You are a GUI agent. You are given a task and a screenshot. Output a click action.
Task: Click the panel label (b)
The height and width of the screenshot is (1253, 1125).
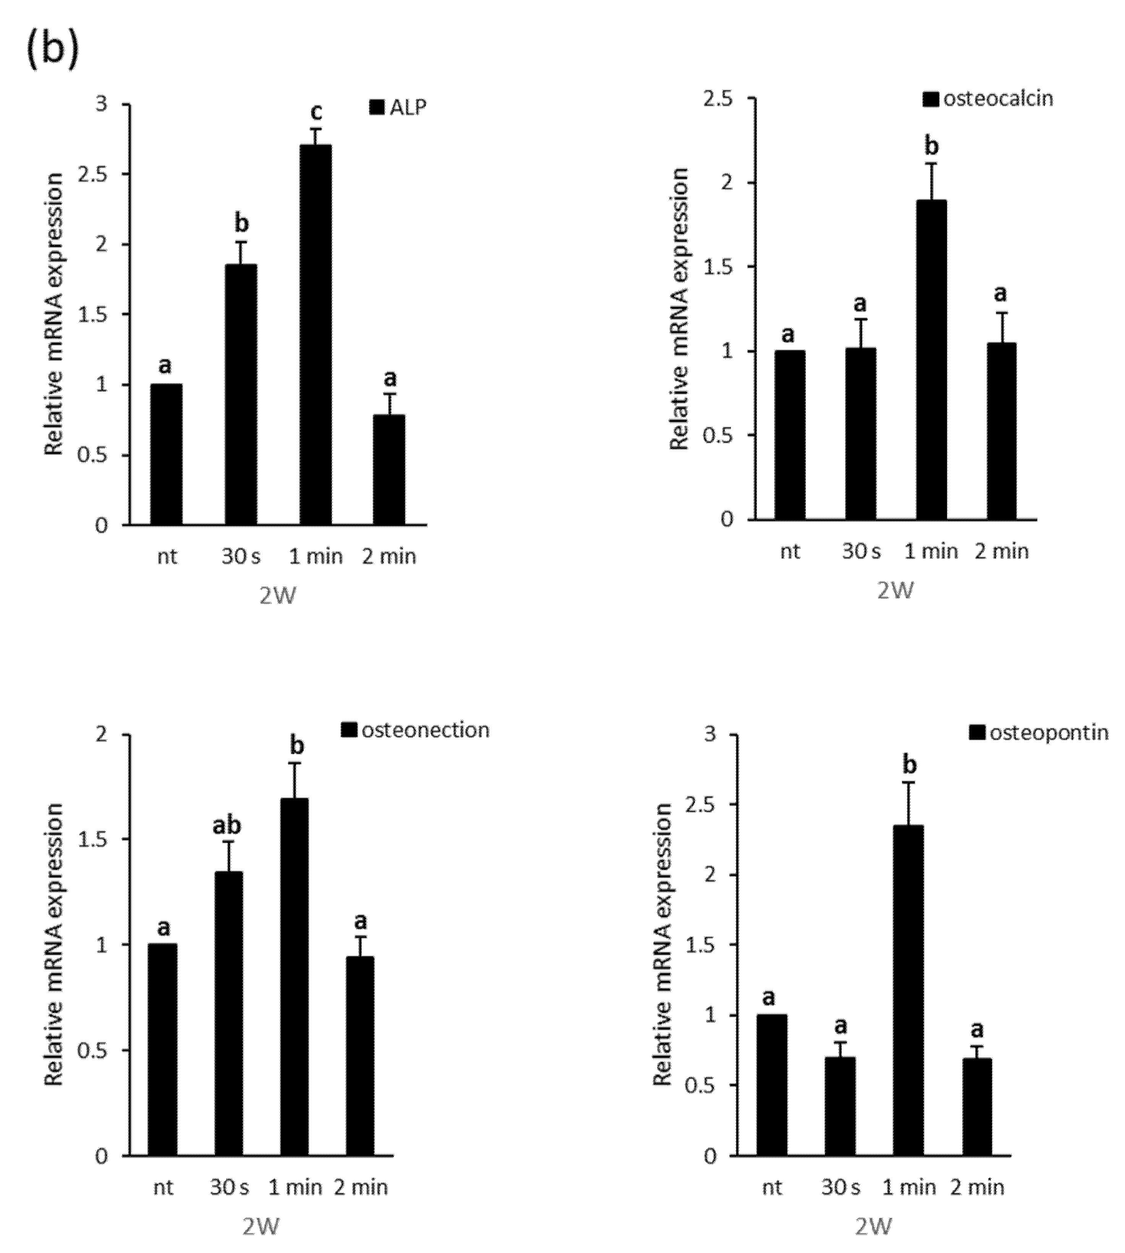tap(52, 48)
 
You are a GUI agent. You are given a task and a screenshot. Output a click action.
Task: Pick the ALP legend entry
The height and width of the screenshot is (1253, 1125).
tap(398, 107)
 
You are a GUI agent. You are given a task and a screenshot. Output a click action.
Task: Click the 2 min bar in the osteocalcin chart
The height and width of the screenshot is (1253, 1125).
tap(1001, 431)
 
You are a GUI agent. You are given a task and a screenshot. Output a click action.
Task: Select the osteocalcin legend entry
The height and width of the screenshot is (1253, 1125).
tap(988, 99)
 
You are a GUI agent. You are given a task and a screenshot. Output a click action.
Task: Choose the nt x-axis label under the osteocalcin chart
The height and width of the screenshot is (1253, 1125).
tap(790, 551)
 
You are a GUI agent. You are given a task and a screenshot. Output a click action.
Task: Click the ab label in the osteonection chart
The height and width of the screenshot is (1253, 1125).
tap(227, 825)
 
